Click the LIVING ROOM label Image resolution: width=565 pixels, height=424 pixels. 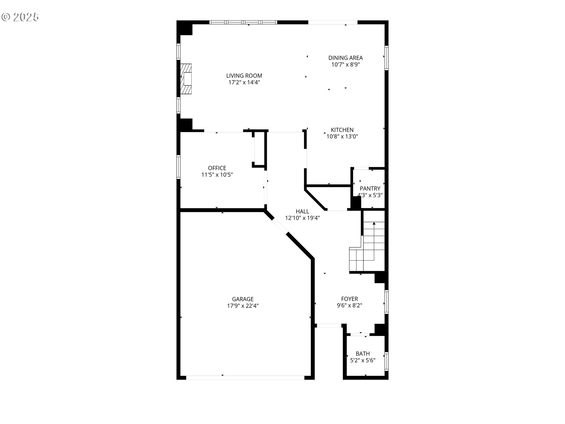[244, 76]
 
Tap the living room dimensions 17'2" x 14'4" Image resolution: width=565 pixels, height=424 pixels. [244, 82]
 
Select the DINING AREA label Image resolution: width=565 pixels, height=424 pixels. [345, 58]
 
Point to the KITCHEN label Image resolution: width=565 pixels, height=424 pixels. [342, 130]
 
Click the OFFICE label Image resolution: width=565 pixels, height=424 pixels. [217, 168]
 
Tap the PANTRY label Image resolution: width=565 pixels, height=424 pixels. [370, 188]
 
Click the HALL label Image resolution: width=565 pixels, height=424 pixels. [302, 211]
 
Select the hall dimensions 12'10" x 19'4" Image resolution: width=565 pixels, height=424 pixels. [302, 218]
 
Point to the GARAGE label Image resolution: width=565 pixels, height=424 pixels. [242, 299]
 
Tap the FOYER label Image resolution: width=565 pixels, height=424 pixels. [349, 299]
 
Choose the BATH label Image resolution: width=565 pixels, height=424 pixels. [363, 354]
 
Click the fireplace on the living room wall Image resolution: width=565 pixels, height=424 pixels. [186, 79]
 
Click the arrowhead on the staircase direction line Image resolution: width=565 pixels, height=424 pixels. [374, 223]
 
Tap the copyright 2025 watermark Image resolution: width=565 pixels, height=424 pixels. [20, 17]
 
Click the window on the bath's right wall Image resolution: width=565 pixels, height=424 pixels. [386, 362]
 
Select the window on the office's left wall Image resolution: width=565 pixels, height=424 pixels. [178, 167]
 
